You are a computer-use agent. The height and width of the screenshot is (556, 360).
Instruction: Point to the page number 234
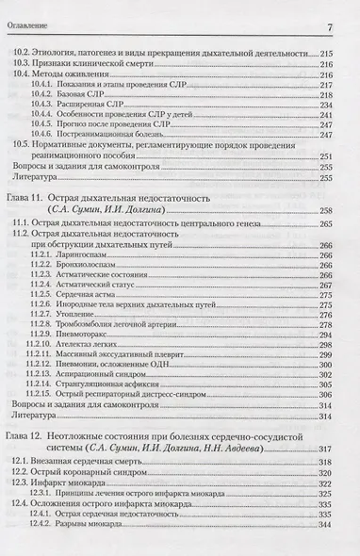tap(339, 106)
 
